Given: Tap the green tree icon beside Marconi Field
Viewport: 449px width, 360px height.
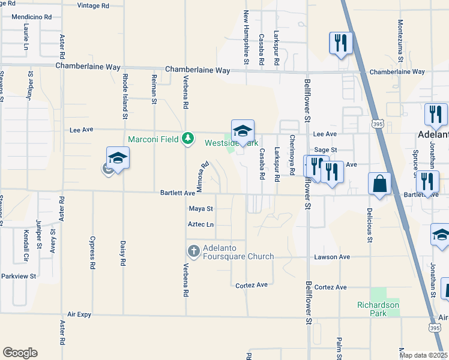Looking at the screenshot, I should [188, 139].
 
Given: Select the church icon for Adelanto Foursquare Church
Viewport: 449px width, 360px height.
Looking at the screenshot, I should [193, 250].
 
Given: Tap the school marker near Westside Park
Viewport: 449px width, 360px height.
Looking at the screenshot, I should [243, 131].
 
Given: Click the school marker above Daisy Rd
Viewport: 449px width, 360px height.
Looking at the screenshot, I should [118, 158].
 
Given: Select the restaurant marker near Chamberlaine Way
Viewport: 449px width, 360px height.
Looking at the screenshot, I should [340, 43].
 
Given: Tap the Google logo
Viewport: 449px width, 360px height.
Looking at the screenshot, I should [20, 352].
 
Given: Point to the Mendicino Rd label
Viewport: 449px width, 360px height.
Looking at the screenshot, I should [31, 17].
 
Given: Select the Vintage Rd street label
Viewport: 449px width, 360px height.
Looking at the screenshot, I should [94, 5].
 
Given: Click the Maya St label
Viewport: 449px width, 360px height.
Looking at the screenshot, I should [201, 209].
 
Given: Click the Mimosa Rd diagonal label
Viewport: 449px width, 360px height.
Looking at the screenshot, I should [203, 176].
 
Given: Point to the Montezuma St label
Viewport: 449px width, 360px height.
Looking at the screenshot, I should [400, 41].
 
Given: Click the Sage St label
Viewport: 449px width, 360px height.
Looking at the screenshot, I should [326, 150].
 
